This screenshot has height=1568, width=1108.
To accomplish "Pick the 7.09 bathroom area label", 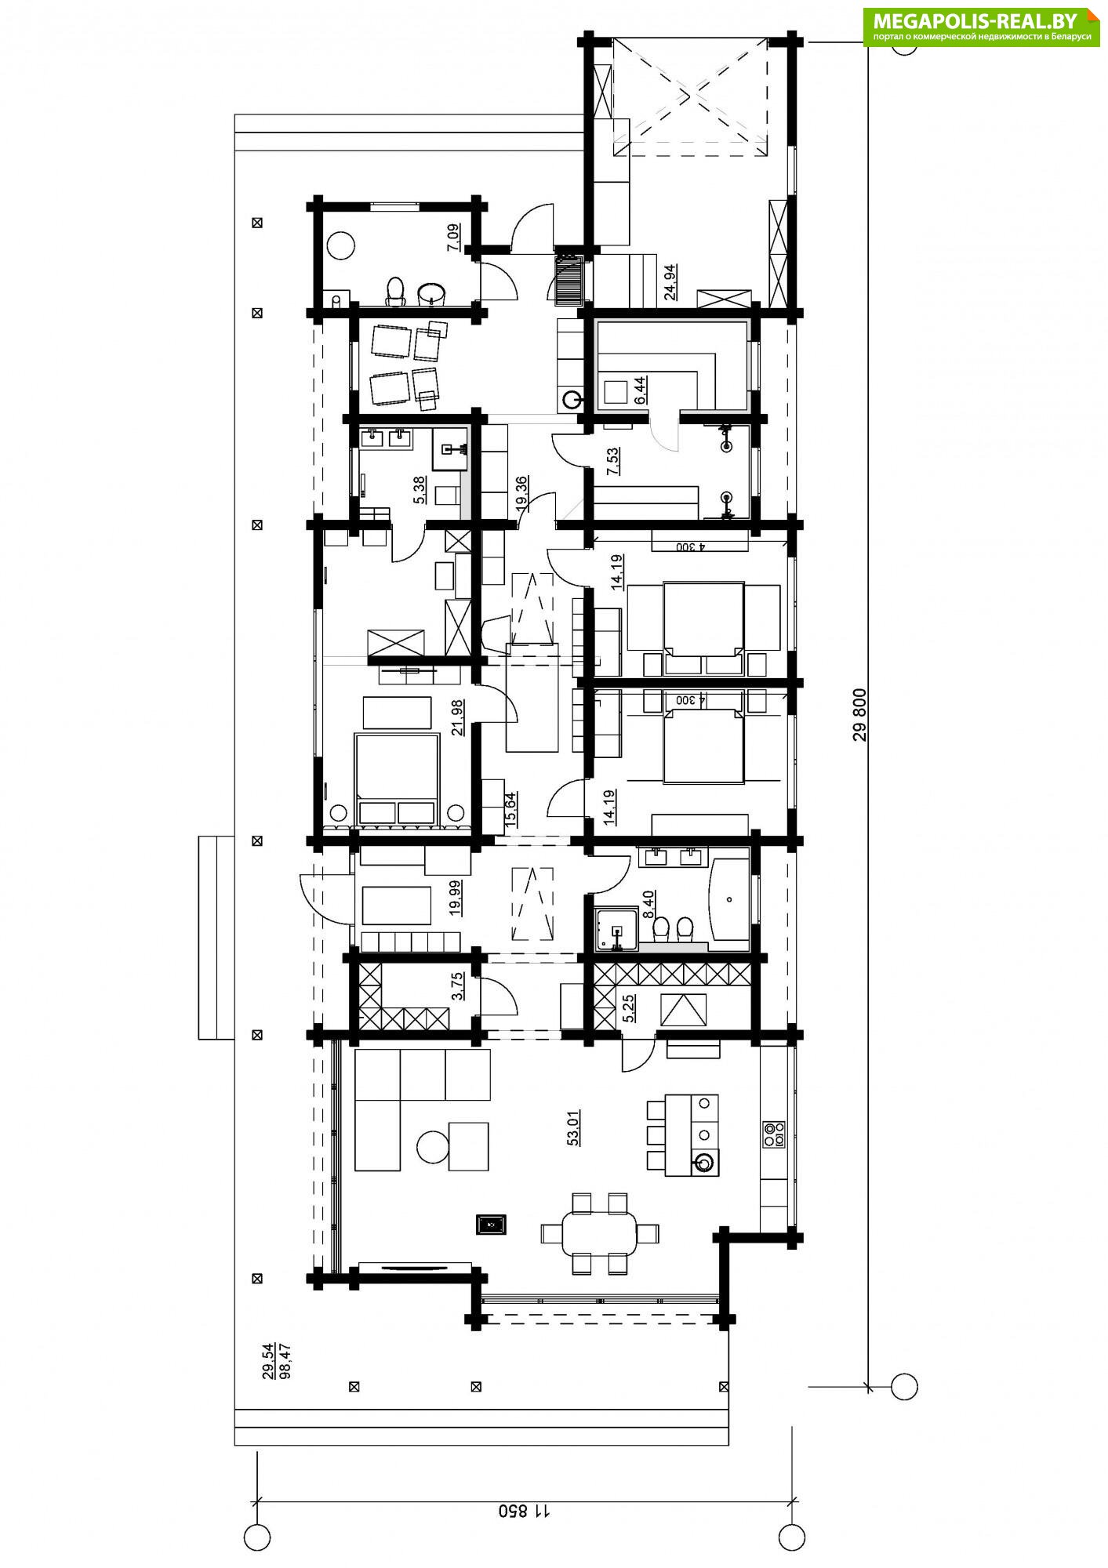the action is (x=453, y=237).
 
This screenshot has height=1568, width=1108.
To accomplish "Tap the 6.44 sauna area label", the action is (x=639, y=390).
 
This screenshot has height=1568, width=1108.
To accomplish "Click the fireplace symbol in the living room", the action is (x=491, y=1224).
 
